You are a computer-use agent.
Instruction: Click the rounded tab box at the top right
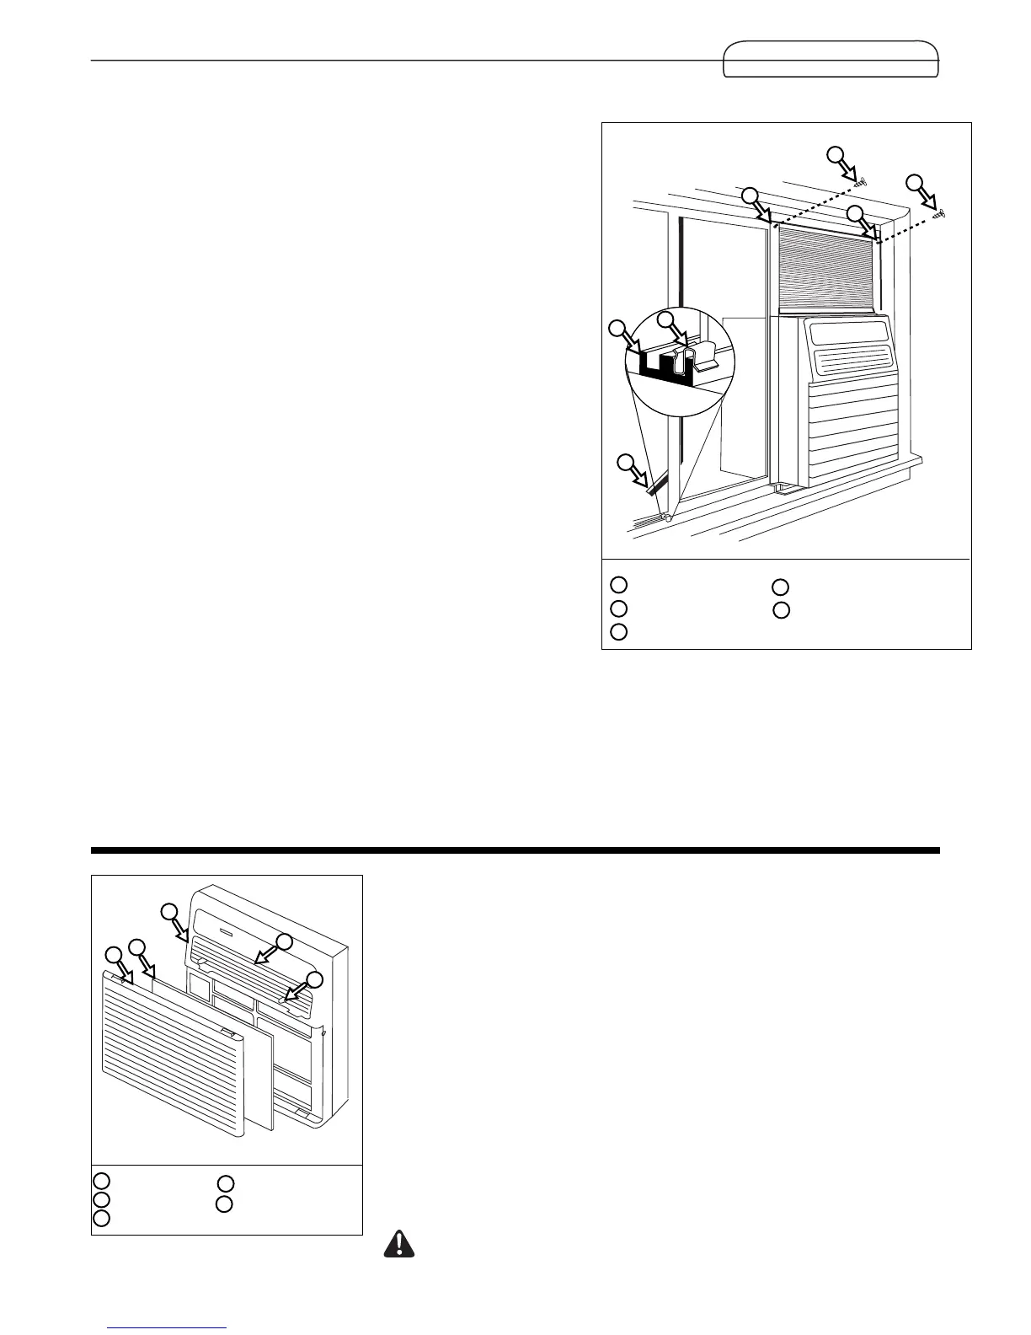pyautogui.click(x=831, y=59)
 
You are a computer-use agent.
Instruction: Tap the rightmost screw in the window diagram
pyautogui.click(x=942, y=215)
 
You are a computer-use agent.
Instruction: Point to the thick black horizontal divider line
pyautogui.click(x=515, y=850)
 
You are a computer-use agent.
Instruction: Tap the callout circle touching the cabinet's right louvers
pyautogui.click(x=314, y=979)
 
